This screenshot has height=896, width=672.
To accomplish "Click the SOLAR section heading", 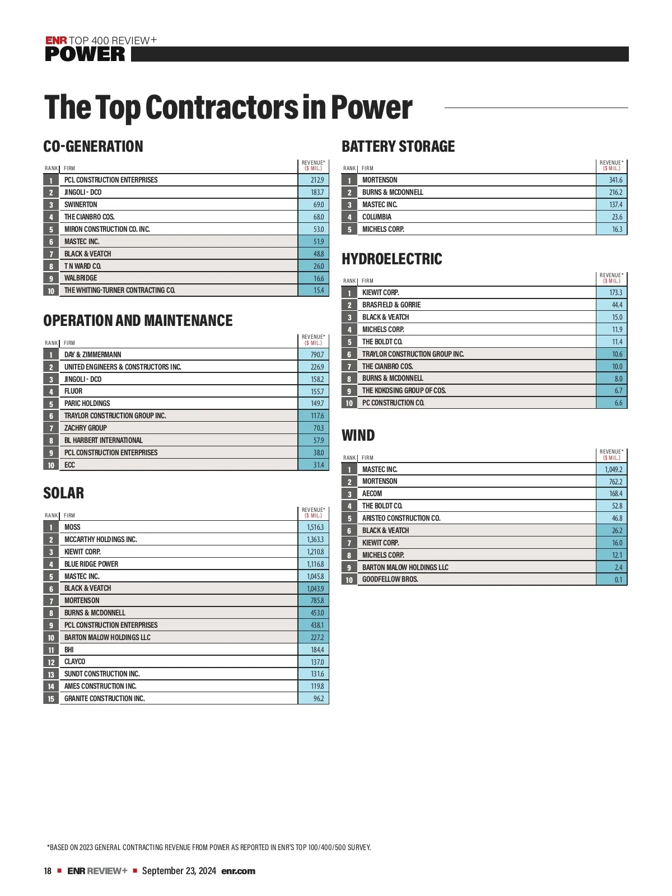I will click(x=64, y=493).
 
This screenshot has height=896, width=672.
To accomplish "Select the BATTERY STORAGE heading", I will click(x=398, y=147).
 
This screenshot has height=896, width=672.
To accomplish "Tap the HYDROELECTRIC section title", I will click(x=392, y=259).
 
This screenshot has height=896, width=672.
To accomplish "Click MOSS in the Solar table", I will click(x=72, y=527).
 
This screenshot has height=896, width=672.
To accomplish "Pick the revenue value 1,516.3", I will click(x=315, y=527).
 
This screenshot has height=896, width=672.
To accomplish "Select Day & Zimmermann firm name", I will click(x=92, y=354).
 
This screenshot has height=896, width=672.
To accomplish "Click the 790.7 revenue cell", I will click(x=317, y=354).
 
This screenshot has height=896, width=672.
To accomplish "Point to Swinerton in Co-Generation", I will click(x=81, y=204).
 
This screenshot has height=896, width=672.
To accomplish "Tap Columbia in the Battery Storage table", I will click(x=377, y=217).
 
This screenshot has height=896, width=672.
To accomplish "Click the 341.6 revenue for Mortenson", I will click(x=615, y=180).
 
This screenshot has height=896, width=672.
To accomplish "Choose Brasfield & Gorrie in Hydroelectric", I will click(x=391, y=305).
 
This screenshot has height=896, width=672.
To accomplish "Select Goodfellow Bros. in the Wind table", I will click(x=390, y=579).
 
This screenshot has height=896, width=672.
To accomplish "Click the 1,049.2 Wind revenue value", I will click(x=613, y=469).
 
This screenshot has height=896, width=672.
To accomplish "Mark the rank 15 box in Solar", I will click(x=51, y=698).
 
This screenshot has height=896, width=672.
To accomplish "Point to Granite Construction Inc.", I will click(x=105, y=698).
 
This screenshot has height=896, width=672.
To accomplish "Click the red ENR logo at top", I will click(x=56, y=40).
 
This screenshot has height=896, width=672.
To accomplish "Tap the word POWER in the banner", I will click(x=85, y=54).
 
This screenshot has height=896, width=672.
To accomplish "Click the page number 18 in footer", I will click(x=48, y=871).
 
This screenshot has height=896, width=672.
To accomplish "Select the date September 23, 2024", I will click(x=179, y=871).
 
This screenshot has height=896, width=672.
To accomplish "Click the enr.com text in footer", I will click(x=239, y=871).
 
